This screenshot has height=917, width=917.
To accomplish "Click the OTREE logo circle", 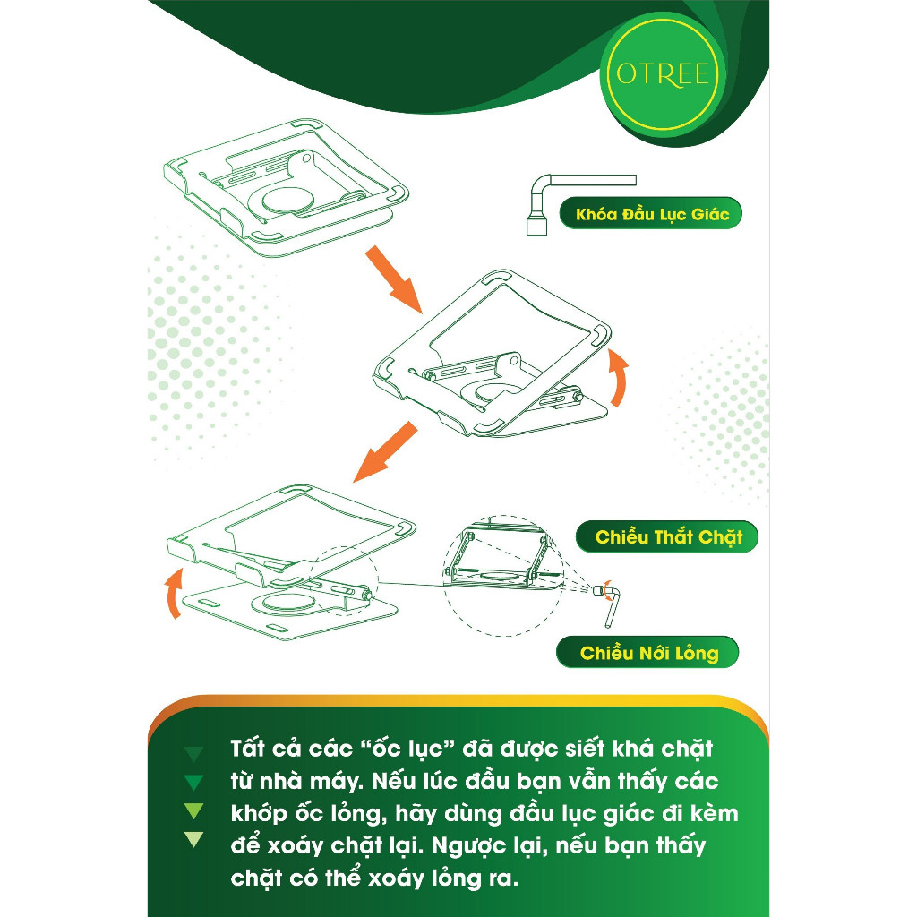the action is click(x=663, y=74).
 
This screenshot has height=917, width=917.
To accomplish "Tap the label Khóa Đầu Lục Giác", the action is click(x=651, y=213).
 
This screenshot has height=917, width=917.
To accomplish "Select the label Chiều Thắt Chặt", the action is click(x=666, y=537).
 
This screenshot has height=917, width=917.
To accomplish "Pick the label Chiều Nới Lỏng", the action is click(x=647, y=652).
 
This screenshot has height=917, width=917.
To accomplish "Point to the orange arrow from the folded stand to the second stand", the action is click(x=394, y=279).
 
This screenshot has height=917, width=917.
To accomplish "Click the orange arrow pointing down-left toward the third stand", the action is click(x=385, y=452).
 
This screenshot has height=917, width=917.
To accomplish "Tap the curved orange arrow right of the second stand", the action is click(x=618, y=377).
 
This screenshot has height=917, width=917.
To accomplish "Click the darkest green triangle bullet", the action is click(x=193, y=753).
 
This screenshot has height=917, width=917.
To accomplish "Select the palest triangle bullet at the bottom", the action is click(x=193, y=838).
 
